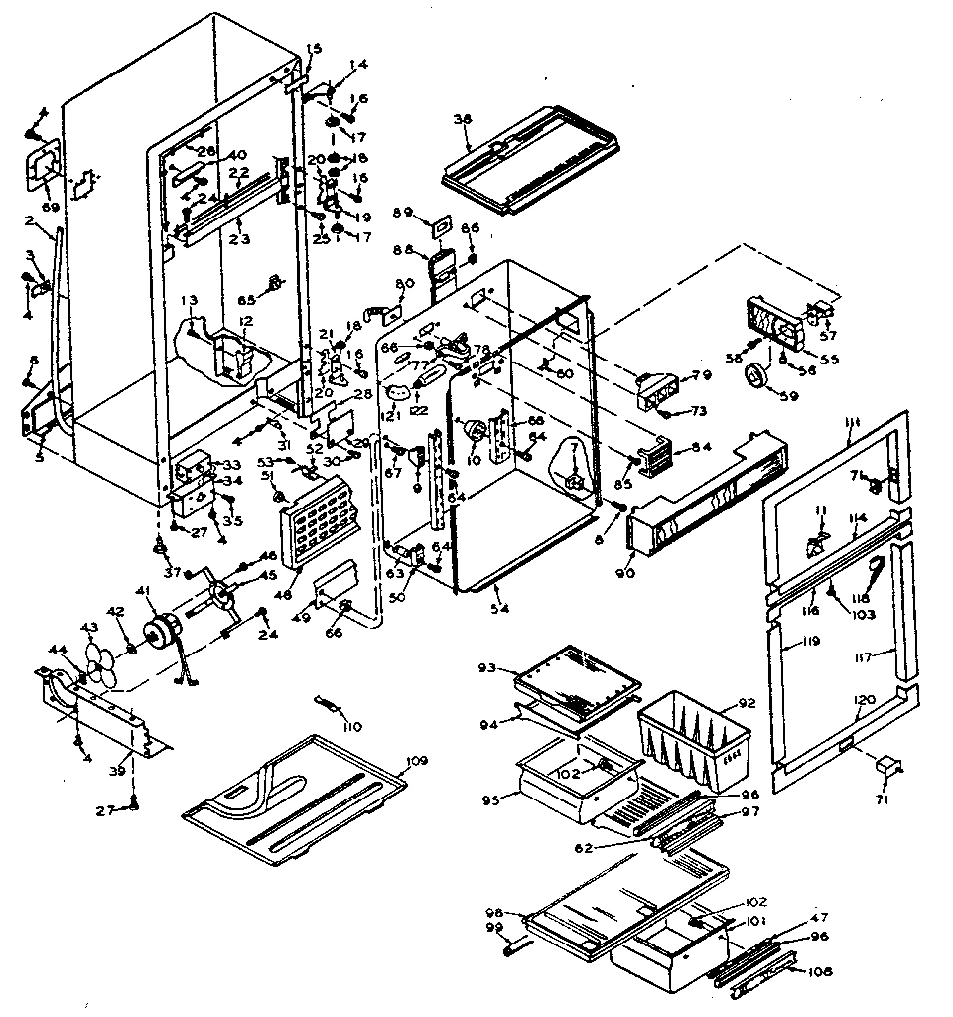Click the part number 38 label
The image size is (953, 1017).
point(461,118)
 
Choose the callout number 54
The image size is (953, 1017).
point(500,609)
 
